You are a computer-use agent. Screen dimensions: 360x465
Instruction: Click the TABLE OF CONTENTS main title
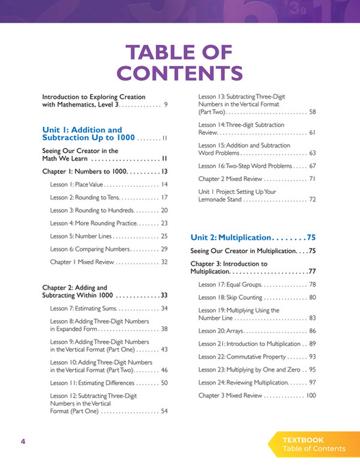[180, 63]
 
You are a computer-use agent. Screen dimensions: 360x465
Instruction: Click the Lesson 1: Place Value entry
[76, 185]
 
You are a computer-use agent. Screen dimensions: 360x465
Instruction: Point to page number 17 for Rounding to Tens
[164, 197]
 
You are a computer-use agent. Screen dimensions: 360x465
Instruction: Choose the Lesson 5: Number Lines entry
[79, 236]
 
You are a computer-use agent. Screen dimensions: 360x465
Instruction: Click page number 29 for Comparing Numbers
[164, 249]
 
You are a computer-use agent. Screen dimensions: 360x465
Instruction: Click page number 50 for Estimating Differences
[164, 383]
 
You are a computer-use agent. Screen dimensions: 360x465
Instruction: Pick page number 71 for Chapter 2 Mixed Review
[312, 178]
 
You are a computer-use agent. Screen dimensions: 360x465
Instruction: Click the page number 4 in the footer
[23, 442]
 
